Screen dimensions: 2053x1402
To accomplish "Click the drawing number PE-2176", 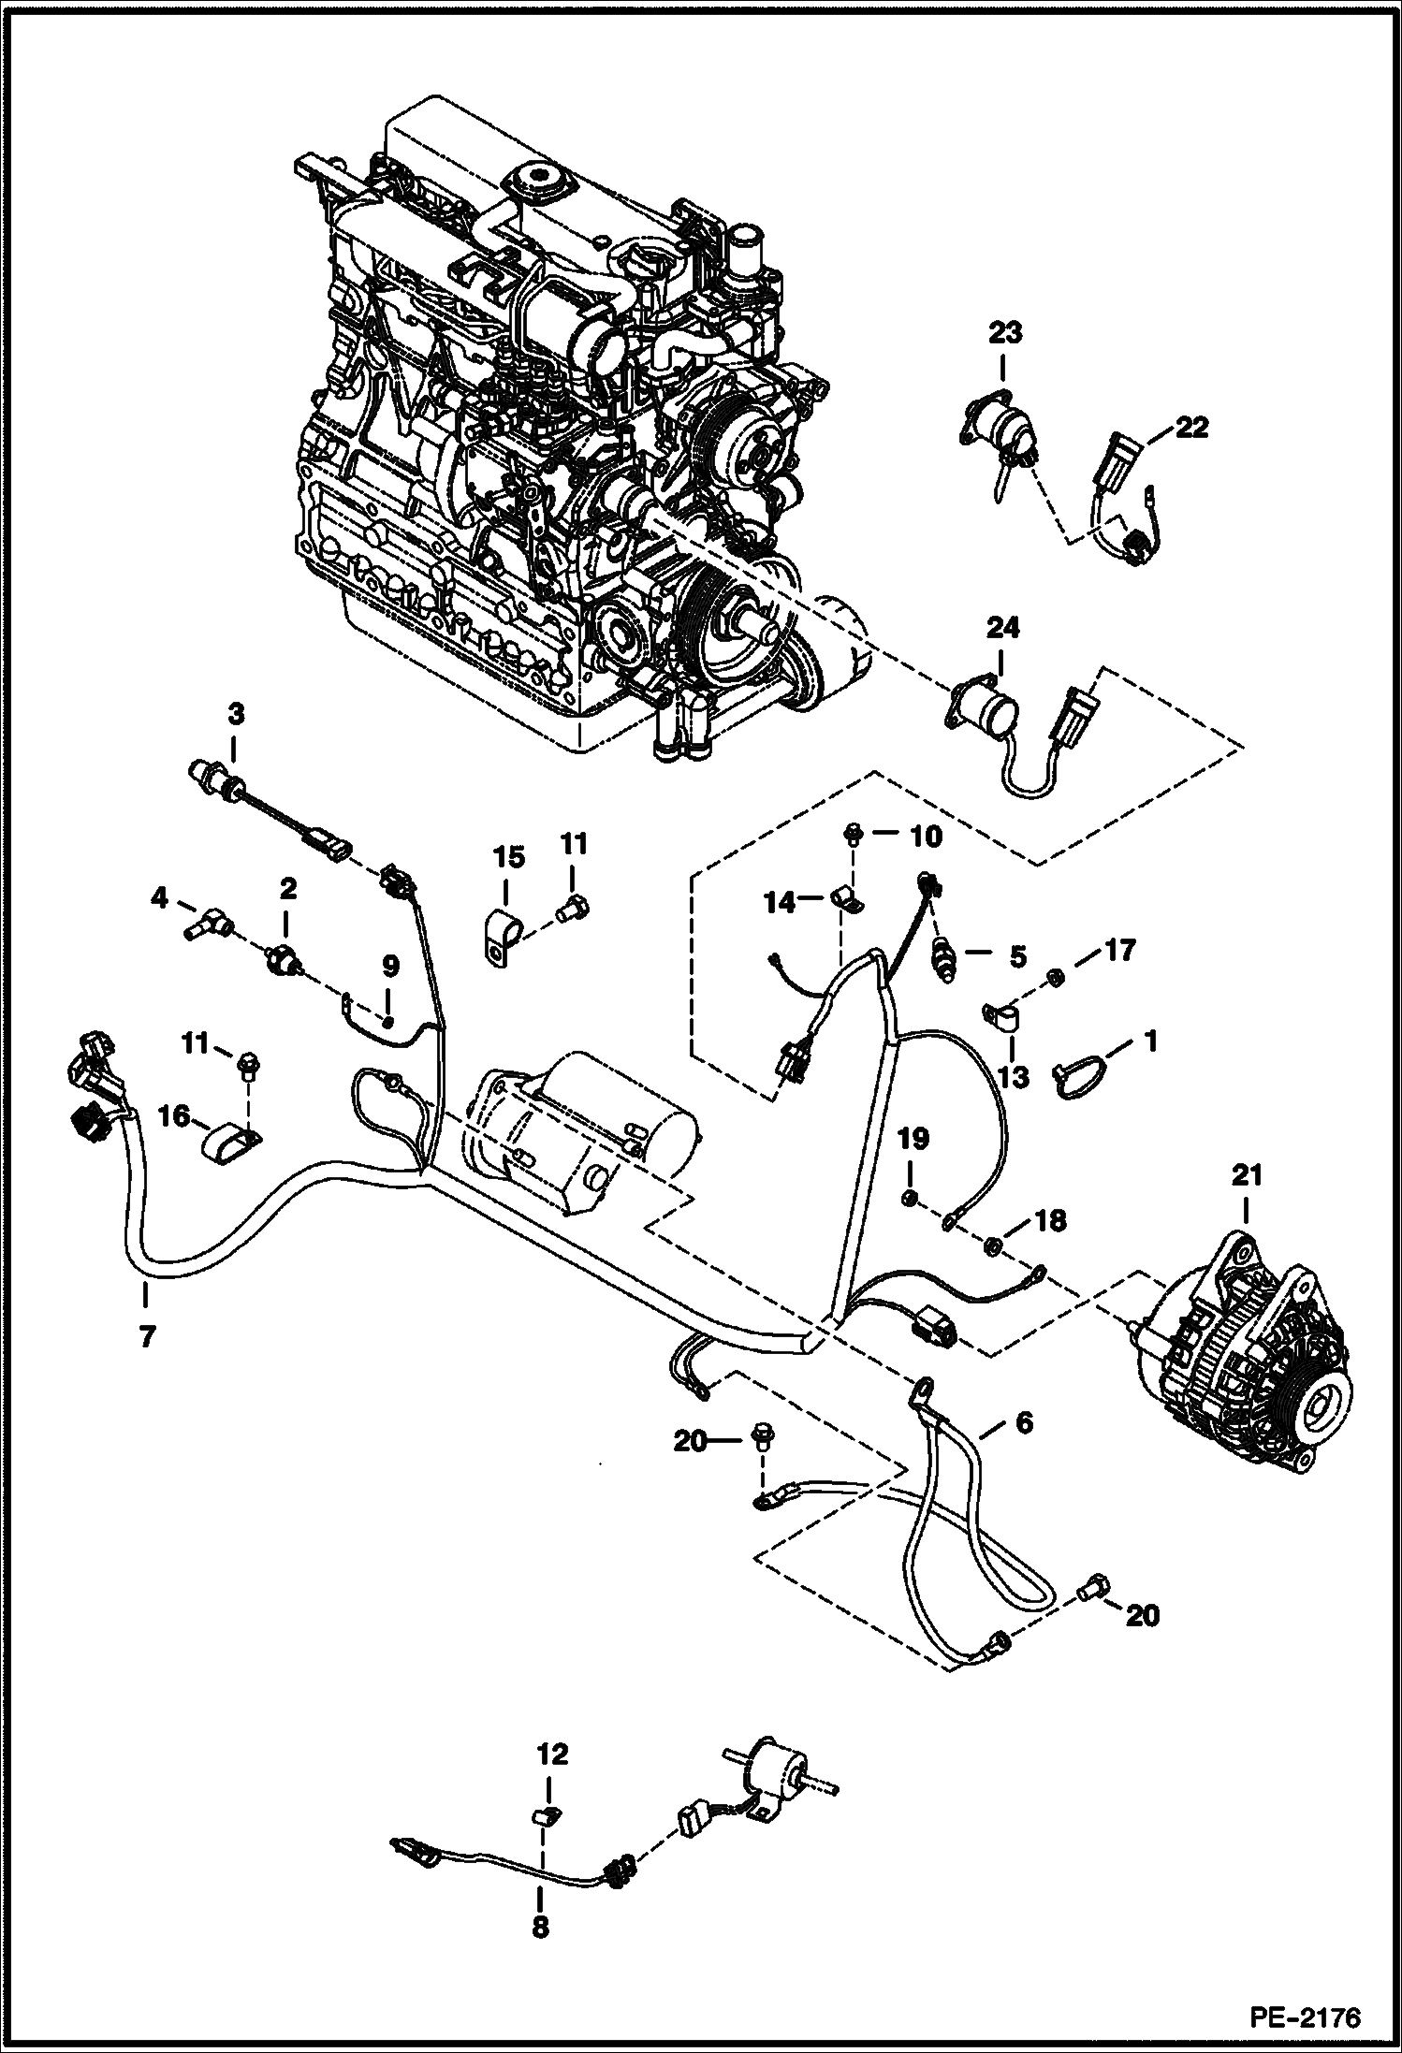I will click(1303, 2015).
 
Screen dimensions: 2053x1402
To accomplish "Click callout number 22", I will click(1191, 428).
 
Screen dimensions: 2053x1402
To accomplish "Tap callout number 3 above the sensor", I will click(235, 715).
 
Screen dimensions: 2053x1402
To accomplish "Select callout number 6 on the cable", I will click(1023, 1449).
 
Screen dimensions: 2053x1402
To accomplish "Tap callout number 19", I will click(913, 1139).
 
